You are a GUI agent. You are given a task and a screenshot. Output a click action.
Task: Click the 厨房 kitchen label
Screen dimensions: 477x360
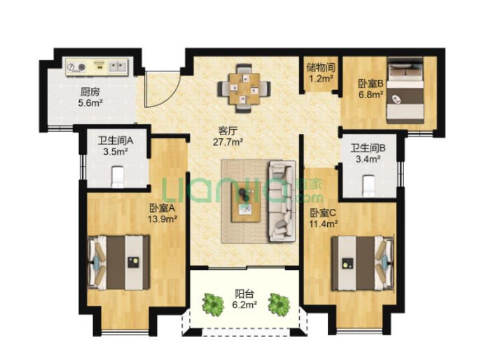click(90, 91)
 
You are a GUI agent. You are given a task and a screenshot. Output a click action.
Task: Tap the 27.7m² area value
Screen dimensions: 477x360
click(228, 142)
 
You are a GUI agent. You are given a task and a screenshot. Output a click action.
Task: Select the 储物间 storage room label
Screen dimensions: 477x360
click(321, 67)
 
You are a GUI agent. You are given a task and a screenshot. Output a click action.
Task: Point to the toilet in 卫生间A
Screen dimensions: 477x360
click(118, 177)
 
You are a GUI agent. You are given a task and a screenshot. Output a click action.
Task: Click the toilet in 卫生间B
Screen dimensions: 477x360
click(369, 185)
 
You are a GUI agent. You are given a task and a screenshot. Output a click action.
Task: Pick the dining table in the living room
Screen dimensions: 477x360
click(244, 88)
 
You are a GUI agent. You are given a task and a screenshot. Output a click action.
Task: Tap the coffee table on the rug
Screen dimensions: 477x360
click(246, 202)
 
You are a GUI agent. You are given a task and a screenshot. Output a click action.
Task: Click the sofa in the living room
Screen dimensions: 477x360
click(281, 201)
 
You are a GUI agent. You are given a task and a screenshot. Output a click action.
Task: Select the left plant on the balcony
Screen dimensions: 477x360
click(214, 304)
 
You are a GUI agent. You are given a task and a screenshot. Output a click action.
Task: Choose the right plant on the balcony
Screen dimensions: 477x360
click(279, 304)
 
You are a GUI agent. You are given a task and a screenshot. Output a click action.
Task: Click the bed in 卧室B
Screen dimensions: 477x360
click(406, 90)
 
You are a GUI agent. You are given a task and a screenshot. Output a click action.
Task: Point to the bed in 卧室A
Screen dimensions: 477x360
click(119, 263)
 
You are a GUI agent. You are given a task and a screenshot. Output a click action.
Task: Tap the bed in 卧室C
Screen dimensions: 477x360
click(362, 263)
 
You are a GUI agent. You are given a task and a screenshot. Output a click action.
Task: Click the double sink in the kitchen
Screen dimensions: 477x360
click(118, 66)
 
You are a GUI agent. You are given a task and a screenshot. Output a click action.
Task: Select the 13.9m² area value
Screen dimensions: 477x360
click(163, 219)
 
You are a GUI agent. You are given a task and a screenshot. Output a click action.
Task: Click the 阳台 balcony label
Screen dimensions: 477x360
click(244, 294)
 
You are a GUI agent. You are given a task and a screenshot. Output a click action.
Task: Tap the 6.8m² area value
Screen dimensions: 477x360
click(370, 94)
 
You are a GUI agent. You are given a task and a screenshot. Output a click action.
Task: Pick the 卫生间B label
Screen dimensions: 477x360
click(368, 148)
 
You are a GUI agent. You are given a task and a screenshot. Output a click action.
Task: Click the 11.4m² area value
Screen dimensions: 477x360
click(323, 224)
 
